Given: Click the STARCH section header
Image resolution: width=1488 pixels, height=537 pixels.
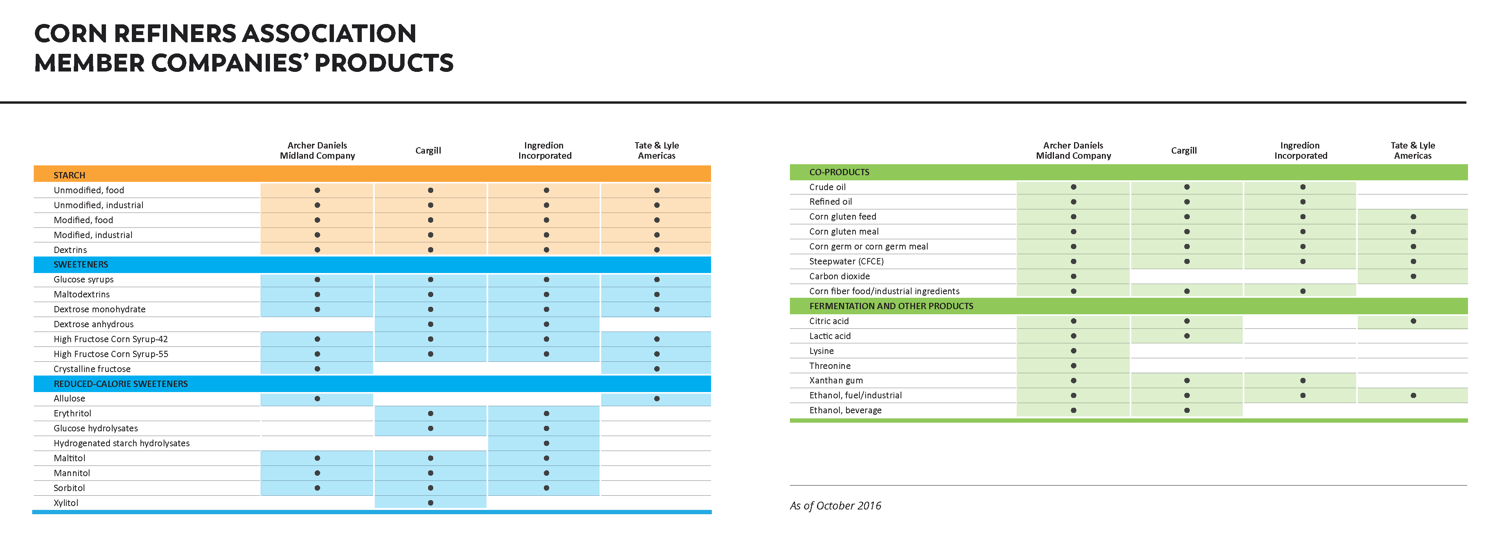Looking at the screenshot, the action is pos(69,175).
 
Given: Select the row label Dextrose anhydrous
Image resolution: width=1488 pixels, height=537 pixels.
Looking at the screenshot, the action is pos(93,324).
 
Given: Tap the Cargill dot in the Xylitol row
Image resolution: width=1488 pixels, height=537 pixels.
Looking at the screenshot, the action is pos(430,503).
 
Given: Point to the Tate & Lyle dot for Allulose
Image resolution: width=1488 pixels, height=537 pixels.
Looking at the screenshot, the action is pos(657,399).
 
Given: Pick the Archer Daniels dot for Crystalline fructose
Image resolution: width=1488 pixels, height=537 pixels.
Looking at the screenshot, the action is pos(317,369).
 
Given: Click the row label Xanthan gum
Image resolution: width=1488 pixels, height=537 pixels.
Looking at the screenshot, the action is pos(836,380).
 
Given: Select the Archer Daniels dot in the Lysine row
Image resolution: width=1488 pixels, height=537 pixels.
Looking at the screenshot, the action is pos(1073,351).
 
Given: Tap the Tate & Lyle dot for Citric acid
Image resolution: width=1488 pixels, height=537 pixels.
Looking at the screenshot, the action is pos(1413,321).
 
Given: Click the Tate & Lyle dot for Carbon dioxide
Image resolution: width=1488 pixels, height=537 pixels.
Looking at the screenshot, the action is pos(1413,276).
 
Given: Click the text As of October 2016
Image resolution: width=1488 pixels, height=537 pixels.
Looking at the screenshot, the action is pos(835,506).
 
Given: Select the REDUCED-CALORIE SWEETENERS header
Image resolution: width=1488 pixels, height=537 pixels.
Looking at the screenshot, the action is pos(121,384).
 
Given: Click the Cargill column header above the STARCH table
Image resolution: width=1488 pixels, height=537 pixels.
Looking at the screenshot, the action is pos(428,150).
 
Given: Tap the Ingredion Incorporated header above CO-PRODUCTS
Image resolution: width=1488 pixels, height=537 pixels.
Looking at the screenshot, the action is pos(1300,150).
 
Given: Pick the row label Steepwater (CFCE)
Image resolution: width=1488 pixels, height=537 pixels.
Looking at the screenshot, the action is pos(846,261).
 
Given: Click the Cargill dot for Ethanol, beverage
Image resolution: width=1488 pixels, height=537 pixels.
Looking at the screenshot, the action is pos(1187,411).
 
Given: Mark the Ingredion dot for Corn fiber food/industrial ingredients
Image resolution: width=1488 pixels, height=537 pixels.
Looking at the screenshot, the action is pos(1302,291).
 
